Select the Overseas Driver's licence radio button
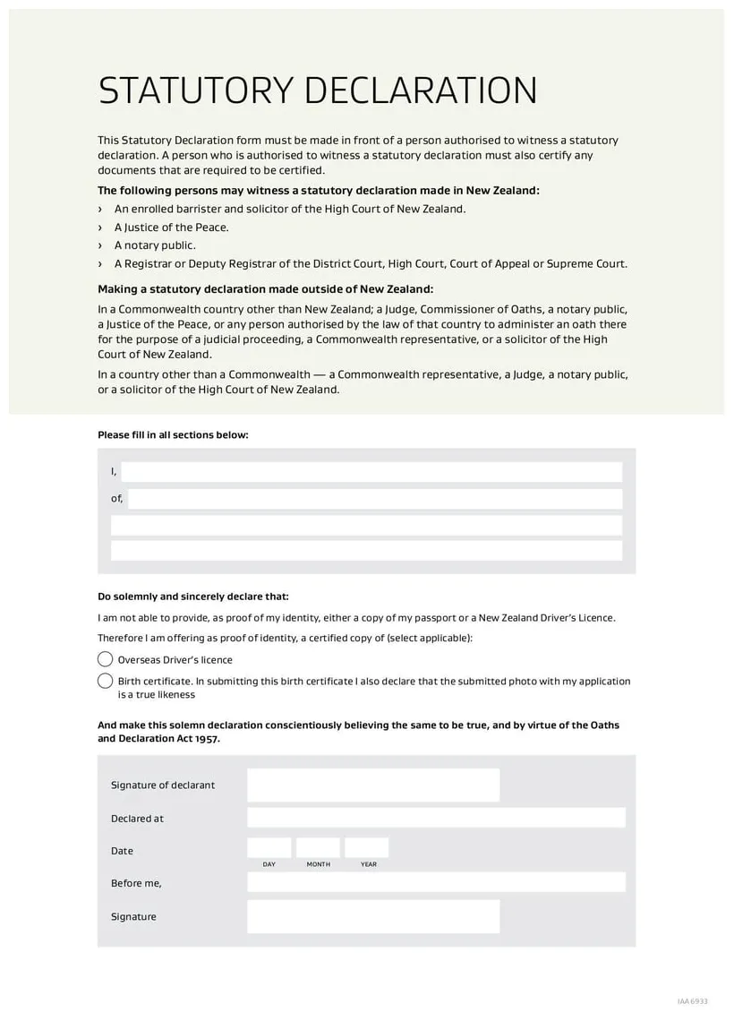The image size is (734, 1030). pos(105,659)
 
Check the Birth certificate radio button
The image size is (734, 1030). pos(105,681)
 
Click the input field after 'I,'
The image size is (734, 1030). pos(371,472)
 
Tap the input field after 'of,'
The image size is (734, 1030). pos(374,499)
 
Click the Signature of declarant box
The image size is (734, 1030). pos(372,785)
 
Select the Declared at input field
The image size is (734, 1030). pos(436,818)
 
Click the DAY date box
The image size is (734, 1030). pos(269,848)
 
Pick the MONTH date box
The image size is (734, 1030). pos(318,848)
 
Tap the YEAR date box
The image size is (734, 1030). pos(367,848)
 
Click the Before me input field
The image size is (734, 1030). pos(436,882)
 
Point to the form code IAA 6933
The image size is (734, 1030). pos(692,1001)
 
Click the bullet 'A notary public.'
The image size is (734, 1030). pos(155,245)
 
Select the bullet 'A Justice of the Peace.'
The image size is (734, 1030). pos(171,227)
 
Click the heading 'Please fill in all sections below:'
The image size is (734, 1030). pos(173,435)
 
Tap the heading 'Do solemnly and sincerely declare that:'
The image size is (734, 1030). pos(193,597)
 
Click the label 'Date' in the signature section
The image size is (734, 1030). pos(122,851)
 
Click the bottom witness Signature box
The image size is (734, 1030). pos(372,916)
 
